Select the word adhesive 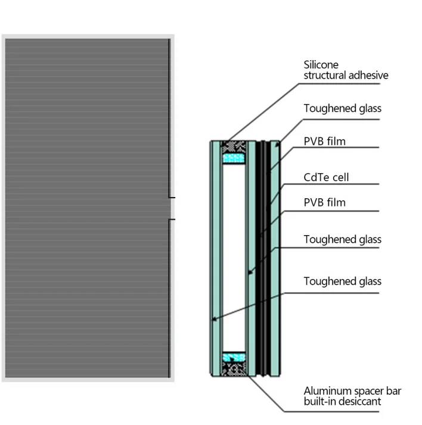(370, 76)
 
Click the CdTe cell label (326, 177)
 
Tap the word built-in (319, 402)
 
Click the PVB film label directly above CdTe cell (324, 142)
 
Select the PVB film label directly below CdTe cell (324, 202)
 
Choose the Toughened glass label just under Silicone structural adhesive (342, 108)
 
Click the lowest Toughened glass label (342, 281)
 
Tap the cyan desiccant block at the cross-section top (234, 158)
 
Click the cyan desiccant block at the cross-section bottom (234, 357)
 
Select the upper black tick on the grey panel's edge (172, 197)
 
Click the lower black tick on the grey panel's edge (172, 220)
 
